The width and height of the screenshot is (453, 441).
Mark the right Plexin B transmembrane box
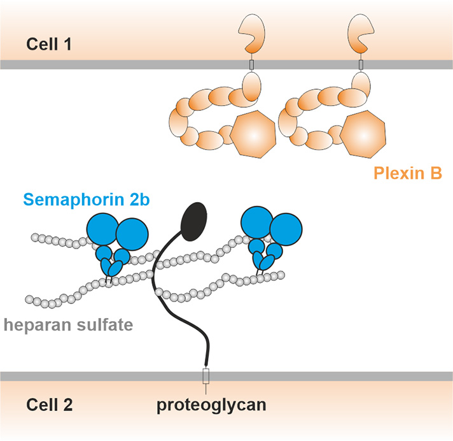click(361, 64)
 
